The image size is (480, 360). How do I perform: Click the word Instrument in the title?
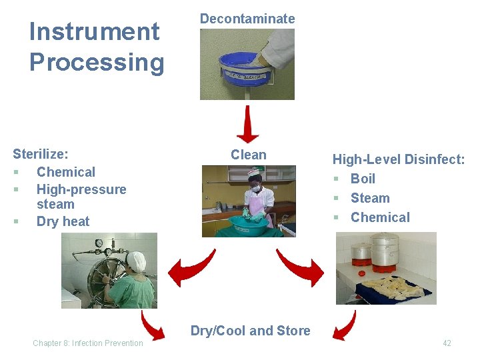(95, 31)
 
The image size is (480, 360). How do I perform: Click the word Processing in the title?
(97, 62)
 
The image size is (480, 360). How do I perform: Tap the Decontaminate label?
(247, 19)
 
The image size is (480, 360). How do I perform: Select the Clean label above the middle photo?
(248, 155)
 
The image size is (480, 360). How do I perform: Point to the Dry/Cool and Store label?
(250, 331)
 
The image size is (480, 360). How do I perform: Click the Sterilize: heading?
(41, 154)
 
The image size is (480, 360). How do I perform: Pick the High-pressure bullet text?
(81, 189)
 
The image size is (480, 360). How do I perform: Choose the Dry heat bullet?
(63, 221)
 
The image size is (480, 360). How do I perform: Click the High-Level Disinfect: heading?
(399, 159)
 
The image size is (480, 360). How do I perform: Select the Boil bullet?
(363, 179)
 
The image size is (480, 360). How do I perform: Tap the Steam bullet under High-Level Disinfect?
(370, 198)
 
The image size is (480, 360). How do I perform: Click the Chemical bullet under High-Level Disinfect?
(380, 217)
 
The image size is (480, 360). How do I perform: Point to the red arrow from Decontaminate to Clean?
(247, 125)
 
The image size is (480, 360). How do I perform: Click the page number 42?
(447, 343)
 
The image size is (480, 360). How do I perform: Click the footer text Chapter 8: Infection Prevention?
(88, 343)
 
